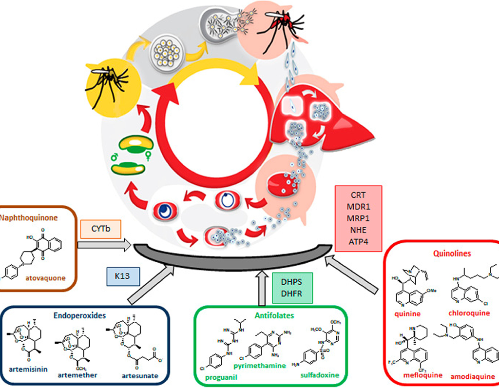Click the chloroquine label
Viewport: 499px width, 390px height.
(469, 313)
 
